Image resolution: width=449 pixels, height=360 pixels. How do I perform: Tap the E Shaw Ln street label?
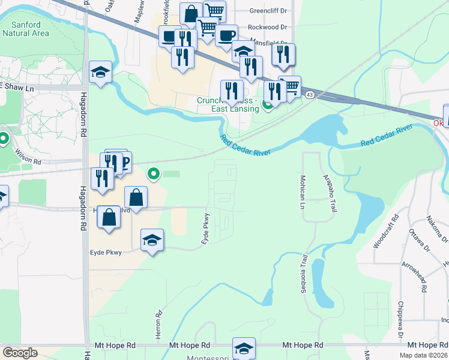pyautogui.click(x=16, y=87)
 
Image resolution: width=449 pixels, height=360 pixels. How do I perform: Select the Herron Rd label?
pyautogui.click(x=160, y=323)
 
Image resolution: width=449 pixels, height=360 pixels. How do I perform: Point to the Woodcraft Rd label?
pyautogui.click(x=382, y=234)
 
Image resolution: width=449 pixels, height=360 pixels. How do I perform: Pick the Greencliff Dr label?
pyautogui.click(x=268, y=11)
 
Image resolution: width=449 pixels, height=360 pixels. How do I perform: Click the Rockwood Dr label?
pyautogui.click(x=267, y=27)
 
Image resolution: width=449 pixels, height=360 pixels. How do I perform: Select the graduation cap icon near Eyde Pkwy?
pyautogui.click(x=152, y=241)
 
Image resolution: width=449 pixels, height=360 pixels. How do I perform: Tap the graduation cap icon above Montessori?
pyautogui.click(x=244, y=347)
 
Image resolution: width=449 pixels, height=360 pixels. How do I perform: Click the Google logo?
pyautogui.click(x=20, y=353)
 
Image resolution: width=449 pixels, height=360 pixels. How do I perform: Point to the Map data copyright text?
pyautogui.click(x=424, y=355)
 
